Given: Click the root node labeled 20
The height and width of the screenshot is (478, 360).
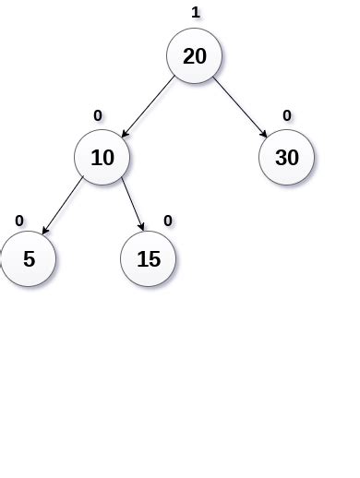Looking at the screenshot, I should coord(195,55).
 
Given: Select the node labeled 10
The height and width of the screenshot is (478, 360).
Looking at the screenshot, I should coord(102,157).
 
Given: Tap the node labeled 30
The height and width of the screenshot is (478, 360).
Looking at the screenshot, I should coord(287,157).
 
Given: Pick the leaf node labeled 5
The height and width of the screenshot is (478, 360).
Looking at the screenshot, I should coord(29,259).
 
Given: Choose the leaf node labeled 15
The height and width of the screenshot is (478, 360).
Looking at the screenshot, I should coord(149,259).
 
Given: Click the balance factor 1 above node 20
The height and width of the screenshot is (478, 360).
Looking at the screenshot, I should coord(195,13).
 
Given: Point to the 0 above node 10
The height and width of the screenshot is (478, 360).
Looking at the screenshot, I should coord(98,115).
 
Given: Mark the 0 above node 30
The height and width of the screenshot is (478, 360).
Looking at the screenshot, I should coord(287,115).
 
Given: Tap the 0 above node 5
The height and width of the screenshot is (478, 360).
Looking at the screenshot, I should coord(19,221).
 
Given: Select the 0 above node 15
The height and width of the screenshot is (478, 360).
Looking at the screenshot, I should coord(167,221).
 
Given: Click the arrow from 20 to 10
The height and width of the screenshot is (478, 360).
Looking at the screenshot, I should coord(148,107).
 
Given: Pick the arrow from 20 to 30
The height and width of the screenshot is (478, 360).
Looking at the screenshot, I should coord(241,107).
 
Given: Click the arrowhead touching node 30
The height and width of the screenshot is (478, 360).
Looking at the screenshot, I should coord(264,135).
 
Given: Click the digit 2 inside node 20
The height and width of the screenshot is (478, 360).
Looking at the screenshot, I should coord(188,55).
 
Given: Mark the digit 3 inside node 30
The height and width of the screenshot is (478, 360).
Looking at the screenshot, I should coord(281,157).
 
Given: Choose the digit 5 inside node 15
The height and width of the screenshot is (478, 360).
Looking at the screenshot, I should coord(155,259).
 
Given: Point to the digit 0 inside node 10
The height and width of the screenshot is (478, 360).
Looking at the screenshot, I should coord(109,157).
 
